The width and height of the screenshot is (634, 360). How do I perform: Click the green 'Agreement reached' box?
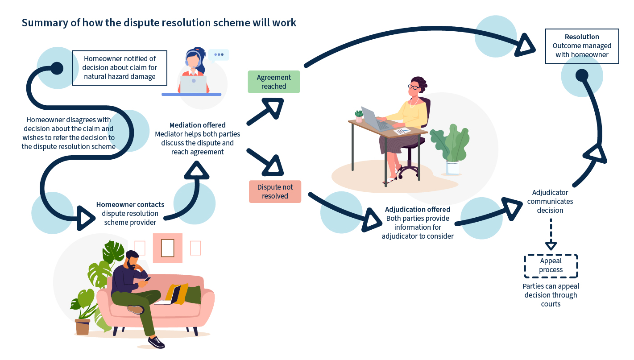pyautogui.click(x=273, y=82)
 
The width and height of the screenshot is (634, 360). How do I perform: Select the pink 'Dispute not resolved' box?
pyautogui.click(x=275, y=192)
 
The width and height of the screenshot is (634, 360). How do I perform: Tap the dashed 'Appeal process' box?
pyautogui.click(x=551, y=266)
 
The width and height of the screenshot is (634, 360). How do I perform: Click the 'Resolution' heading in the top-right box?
pyautogui.click(x=582, y=37)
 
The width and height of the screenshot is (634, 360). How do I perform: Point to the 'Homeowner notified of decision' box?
pyautogui.click(x=120, y=68)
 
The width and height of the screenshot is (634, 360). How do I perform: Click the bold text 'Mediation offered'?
pyautogui.click(x=198, y=125)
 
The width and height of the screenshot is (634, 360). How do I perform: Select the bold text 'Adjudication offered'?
pyautogui.click(x=418, y=209)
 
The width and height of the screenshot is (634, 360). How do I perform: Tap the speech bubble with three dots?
pyautogui.click(x=219, y=55)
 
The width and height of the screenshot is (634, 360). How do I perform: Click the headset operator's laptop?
pyautogui.click(x=194, y=84)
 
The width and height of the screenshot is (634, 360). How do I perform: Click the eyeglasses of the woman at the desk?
pyautogui.click(x=414, y=87)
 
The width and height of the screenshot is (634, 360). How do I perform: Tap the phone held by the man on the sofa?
pyautogui.click(x=148, y=279)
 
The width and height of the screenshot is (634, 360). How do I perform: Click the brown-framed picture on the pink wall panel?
pyautogui.click(x=168, y=248)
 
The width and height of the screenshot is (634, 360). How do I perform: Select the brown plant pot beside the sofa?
pyautogui.click(x=83, y=327)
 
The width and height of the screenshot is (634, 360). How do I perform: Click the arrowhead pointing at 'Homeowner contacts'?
pyautogui.click(x=85, y=218)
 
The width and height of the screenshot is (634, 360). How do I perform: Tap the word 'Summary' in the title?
pyautogui.click(x=45, y=23)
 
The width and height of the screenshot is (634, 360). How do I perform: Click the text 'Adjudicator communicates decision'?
pyautogui.click(x=550, y=201)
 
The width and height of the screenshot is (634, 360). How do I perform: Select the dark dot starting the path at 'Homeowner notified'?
pyautogui.click(x=57, y=68)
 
